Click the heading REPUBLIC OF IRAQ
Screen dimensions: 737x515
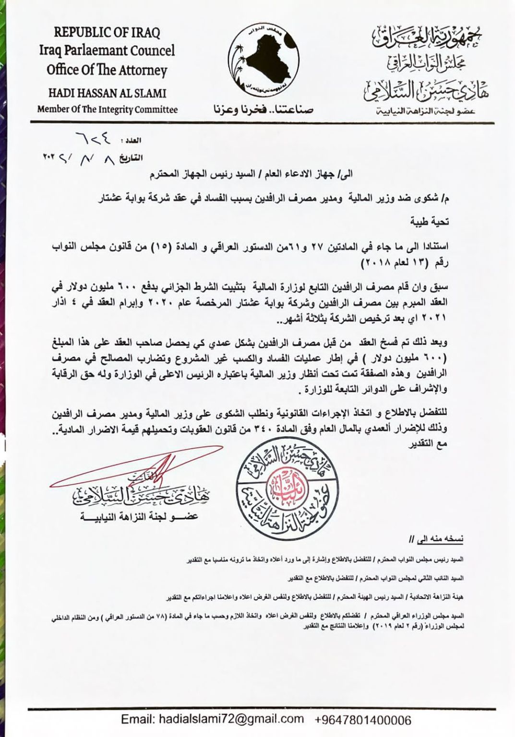tap(107, 33)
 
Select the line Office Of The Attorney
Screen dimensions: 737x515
tap(107, 70)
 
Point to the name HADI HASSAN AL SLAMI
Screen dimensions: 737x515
tap(107, 92)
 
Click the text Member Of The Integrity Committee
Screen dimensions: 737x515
tap(107, 109)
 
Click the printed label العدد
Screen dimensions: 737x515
tap(133, 141)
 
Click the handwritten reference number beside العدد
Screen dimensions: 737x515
tap(94, 140)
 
